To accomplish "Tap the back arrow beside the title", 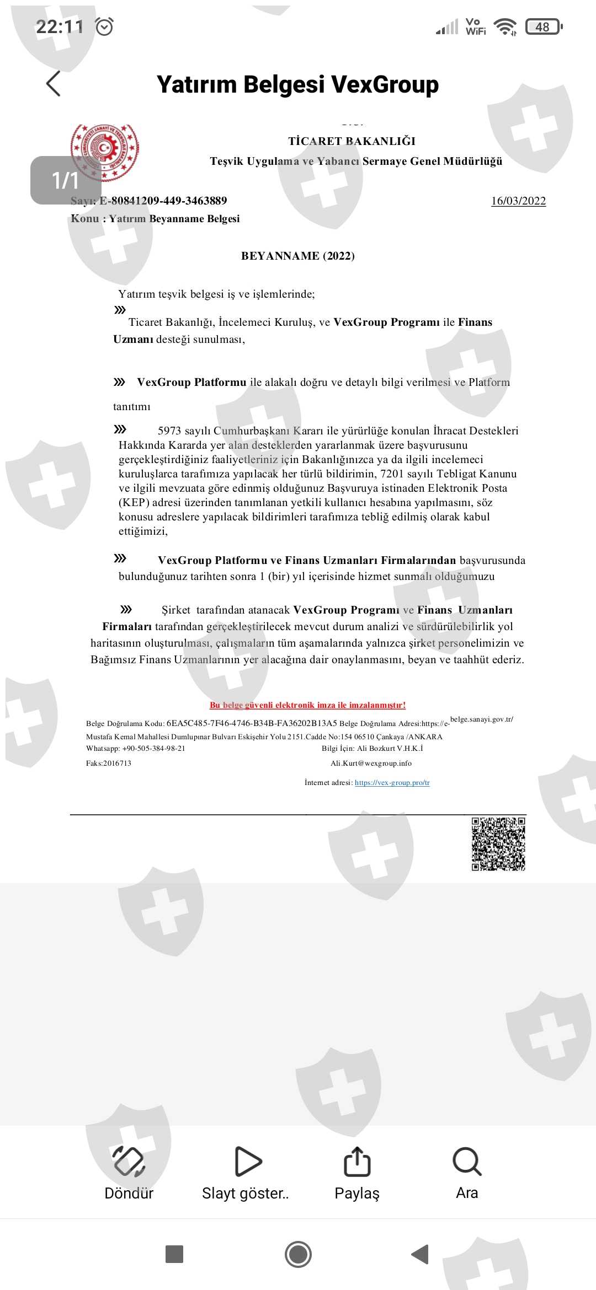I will [x=54, y=84].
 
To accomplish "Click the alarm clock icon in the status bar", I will [x=104, y=26].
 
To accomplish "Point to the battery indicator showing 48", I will [x=544, y=26].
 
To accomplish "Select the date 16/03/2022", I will [x=518, y=201].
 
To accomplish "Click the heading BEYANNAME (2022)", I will [x=298, y=256].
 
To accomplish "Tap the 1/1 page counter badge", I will [x=65, y=180].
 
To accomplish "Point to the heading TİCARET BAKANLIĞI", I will [x=352, y=141].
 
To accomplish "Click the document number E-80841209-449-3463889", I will [x=163, y=201].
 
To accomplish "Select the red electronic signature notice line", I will [x=307, y=705].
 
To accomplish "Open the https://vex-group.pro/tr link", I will [x=392, y=783].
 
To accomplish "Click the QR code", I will [x=498, y=844].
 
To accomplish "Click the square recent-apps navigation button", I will [x=174, y=1254].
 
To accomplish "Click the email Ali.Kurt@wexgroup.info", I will [x=371, y=764].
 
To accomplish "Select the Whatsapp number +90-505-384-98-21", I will [x=153, y=749].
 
